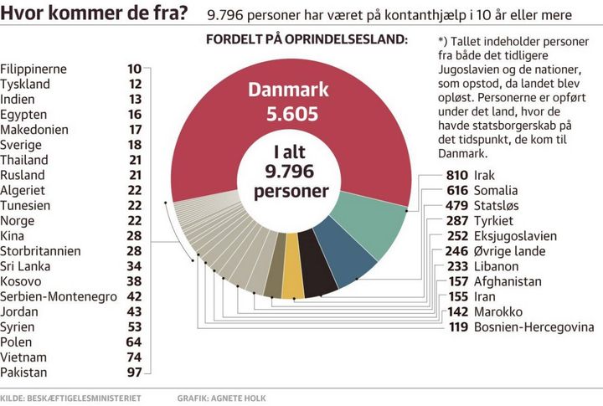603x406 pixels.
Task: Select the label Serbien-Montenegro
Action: [59, 296]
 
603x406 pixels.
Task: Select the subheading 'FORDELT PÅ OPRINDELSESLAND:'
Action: [307, 39]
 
